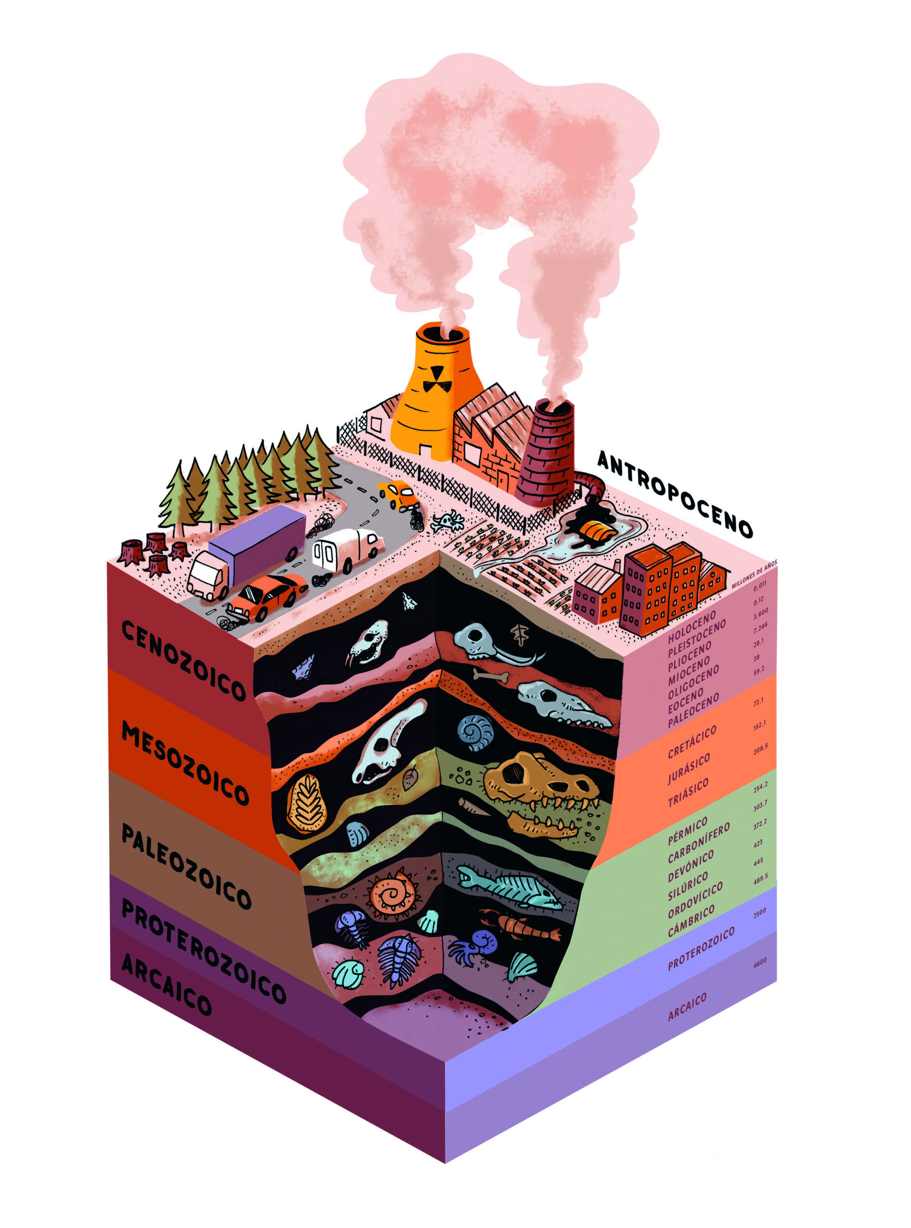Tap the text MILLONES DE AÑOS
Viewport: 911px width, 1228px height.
753,574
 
